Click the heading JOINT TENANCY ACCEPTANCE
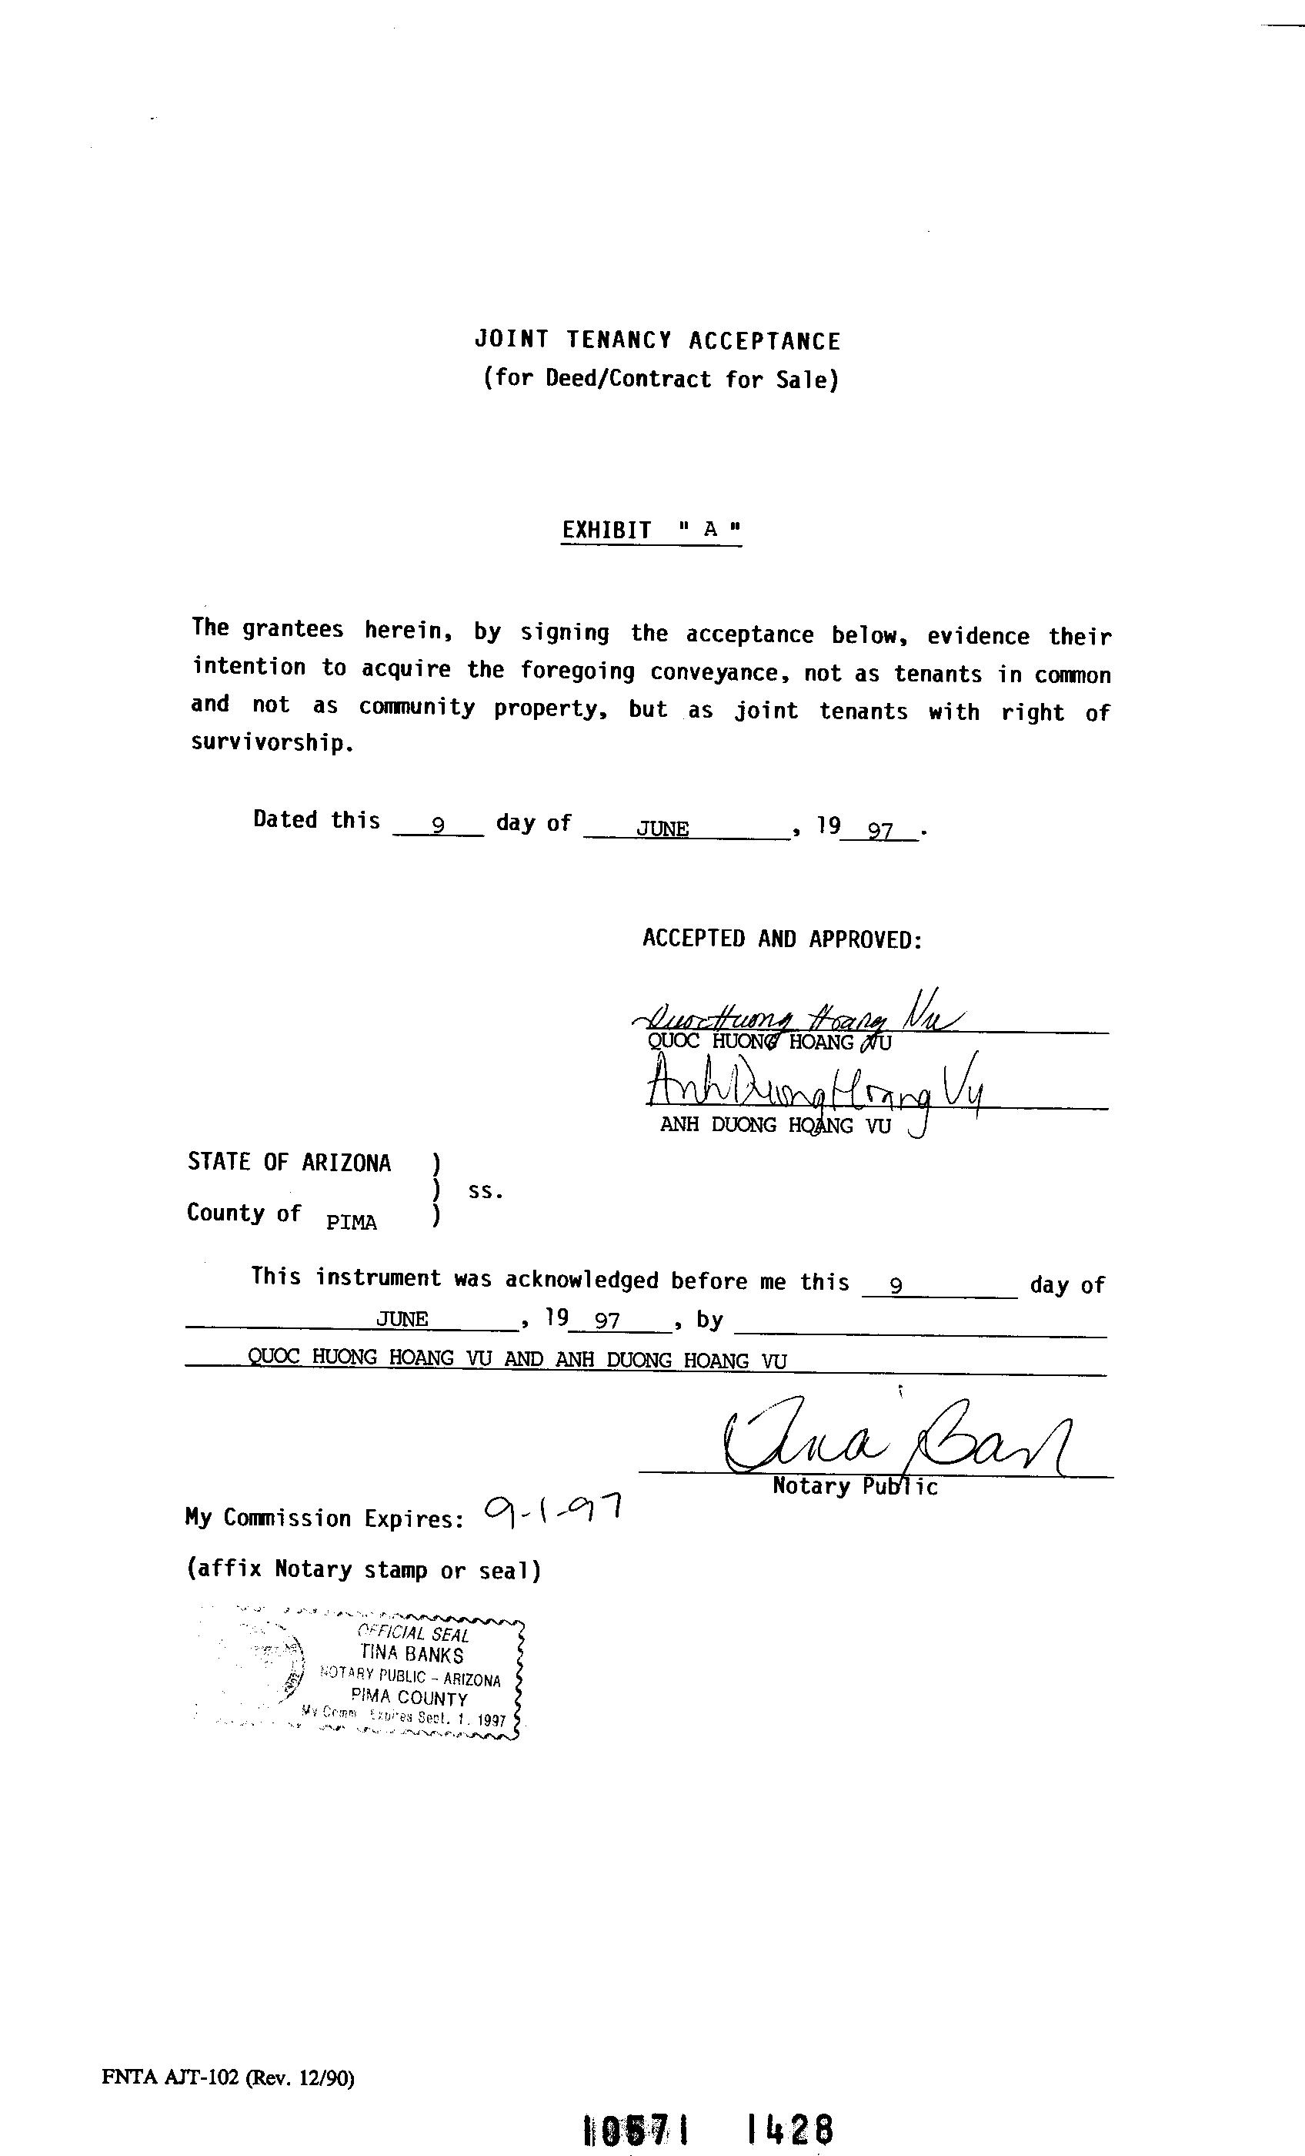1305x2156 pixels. [x=657, y=340]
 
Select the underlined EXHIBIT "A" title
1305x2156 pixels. [x=652, y=531]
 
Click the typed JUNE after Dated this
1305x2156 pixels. [x=663, y=829]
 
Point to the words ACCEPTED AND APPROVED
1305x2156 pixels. [x=782, y=939]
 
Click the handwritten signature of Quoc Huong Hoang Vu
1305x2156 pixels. [x=796, y=1015]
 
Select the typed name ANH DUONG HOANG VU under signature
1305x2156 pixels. [x=775, y=1126]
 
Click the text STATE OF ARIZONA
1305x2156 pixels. [x=289, y=1163]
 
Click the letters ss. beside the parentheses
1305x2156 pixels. [x=486, y=1192]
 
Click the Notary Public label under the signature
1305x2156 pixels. [x=855, y=1487]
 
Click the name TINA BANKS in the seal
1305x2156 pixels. [x=411, y=1655]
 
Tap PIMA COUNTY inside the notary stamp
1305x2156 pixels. [x=409, y=1699]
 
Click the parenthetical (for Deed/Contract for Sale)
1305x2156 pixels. [x=660, y=379]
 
